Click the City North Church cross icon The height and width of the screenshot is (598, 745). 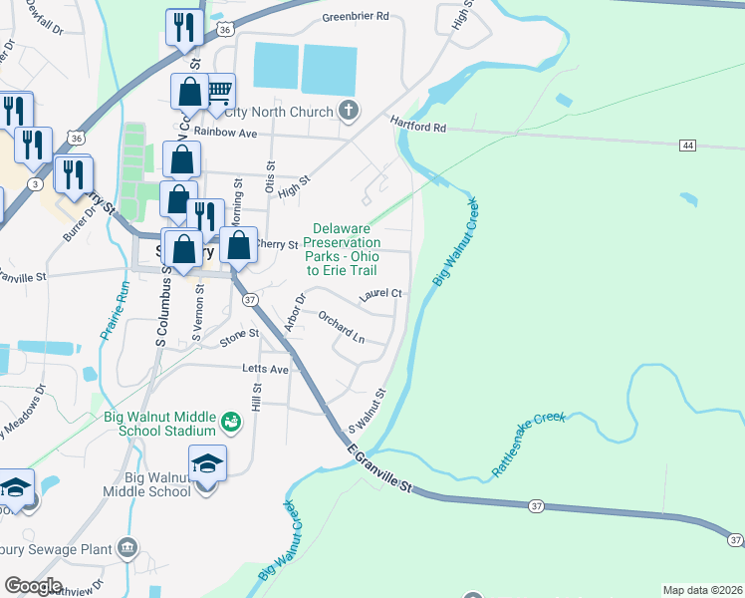point(349,111)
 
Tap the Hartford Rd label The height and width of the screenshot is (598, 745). point(418,127)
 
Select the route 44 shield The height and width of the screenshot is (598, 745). point(687,146)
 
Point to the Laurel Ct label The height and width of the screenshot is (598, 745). point(380,293)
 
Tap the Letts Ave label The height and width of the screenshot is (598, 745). point(265,369)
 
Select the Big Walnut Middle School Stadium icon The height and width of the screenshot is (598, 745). point(231,423)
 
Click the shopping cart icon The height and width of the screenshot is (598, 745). point(219,93)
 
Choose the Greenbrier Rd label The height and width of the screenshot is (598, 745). point(356,18)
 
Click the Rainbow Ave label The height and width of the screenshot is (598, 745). point(225,133)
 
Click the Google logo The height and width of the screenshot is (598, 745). point(33,586)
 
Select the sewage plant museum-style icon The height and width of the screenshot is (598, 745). point(127,547)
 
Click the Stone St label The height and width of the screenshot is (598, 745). point(239,338)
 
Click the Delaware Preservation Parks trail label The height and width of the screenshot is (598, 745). point(342,249)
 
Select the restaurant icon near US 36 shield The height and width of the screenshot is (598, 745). point(183,30)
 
